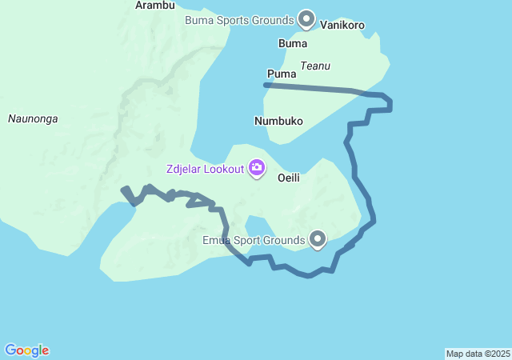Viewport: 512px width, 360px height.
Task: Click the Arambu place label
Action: [x=155, y=5]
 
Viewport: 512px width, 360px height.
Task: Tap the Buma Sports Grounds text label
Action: [x=238, y=19]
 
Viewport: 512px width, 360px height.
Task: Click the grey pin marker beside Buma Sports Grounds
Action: [x=306, y=18]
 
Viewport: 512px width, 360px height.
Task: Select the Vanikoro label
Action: [x=342, y=25]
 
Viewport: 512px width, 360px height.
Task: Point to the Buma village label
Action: [x=292, y=42]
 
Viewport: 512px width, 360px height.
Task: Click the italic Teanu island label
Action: [x=315, y=66]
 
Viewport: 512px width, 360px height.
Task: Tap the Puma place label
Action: [x=282, y=74]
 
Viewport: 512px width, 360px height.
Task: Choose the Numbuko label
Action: [x=278, y=122]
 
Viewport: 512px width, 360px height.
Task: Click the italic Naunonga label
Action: [x=33, y=119]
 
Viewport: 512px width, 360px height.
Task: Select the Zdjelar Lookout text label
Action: [x=205, y=169]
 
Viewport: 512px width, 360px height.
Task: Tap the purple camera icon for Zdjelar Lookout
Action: [x=257, y=168]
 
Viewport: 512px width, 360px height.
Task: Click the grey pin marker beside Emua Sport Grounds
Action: [x=318, y=238]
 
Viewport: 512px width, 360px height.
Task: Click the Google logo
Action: [x=27, y=350]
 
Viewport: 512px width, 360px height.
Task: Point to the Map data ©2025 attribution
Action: [x=478, y=354]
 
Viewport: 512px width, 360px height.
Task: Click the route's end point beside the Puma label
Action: [x=266, y=84]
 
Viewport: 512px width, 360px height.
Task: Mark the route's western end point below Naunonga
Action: [x=123, y=190]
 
